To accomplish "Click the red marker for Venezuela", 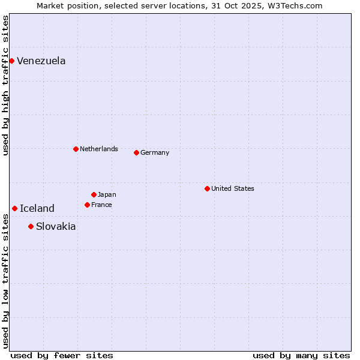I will coord(11,61).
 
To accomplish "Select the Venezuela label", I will coord(41,61).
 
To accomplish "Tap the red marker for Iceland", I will coord(14,208).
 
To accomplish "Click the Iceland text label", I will coord(37,209).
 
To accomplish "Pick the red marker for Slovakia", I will coord(31,226).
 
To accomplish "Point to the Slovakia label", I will coord(56,227).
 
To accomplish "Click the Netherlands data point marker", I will coord(76,149).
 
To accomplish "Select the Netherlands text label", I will coord(98,149).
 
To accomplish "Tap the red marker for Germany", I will coord(136,152).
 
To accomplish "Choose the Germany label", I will coord(155,153).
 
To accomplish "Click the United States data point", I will coord(207,188).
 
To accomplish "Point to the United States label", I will coord(232,188).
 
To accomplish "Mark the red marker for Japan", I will coord(94,194).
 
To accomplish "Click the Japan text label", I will coord(107,195).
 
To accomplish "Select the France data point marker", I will coord(87,205).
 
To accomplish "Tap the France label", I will coord(101,205).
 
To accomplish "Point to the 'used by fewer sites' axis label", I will coord(62,355).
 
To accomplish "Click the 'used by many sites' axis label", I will coord(301,355).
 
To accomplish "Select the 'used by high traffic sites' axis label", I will coord(6,85).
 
